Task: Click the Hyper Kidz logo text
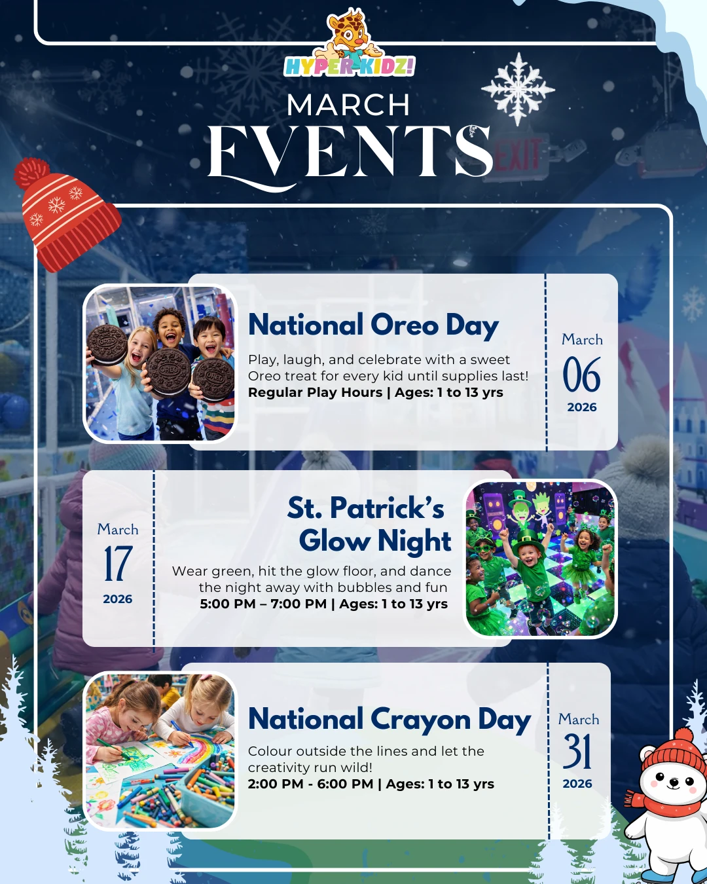tap(349, 67)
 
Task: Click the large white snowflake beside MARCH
tap(518, 89)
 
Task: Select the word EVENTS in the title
tap(350, 153)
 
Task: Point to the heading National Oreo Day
tap(373, 325)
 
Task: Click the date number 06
tap(581, 374)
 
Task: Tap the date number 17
tap(118, 564)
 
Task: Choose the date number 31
tap(577, 752)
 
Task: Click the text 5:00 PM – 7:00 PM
tap(263, 604)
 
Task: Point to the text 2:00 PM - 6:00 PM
tap(310, 784)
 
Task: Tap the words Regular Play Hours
tap(315, 393)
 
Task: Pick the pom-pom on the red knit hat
tap(31, 172)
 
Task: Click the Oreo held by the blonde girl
tap(107, 344)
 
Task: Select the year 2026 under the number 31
tap(577, 784)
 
